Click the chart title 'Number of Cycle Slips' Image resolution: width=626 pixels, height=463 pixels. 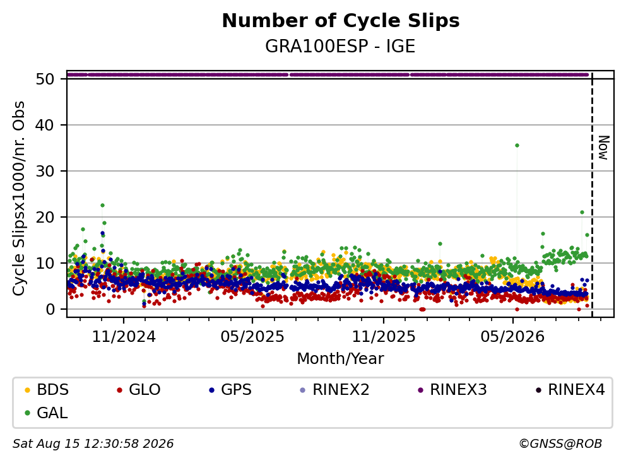[341, 21]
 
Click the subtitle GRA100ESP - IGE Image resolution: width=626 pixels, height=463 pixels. [340, 46]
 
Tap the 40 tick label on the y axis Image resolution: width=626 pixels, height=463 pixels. [45, 126]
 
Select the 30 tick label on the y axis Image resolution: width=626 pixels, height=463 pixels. [45, 171]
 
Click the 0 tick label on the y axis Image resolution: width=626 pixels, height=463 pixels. [50, 309]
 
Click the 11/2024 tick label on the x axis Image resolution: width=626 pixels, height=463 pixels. [124, 337]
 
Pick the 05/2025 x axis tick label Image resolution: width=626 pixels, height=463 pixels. [252, 337]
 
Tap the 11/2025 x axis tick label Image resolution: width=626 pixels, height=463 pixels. [383, 337]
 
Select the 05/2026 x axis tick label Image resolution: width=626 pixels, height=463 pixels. [512, 337]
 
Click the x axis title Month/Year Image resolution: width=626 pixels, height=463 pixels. [340, 359]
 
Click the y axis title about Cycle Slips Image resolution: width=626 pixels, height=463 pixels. [18, 198]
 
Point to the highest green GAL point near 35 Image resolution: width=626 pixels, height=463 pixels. [517, 145]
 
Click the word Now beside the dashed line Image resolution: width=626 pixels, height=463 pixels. [604, 148]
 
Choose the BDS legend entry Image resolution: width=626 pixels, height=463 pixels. [47, 390]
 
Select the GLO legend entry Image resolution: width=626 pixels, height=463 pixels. [139, 390]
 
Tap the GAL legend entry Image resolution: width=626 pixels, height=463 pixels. [46, 413]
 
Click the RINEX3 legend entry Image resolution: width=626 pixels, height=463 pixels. [452, 390]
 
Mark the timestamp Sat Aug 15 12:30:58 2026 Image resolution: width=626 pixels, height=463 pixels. [93, 444]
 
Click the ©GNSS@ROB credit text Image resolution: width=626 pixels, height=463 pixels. [560, 444]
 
